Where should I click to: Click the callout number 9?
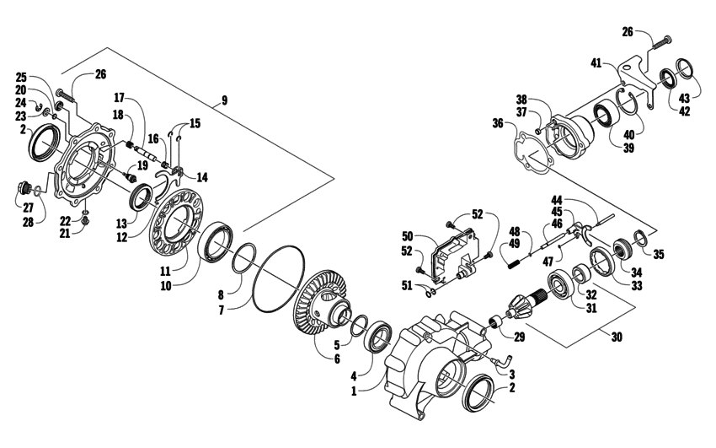[x=224, y=100]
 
